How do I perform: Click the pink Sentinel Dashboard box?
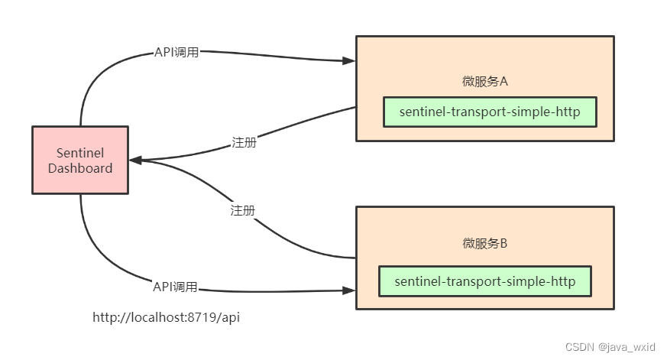(80, 160)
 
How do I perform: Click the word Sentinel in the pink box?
(80, 153)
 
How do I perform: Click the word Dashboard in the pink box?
(80, 168)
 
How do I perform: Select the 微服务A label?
(485, 81)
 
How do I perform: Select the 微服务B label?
(485, 244)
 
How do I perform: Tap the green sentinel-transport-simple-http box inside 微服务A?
(489, 112)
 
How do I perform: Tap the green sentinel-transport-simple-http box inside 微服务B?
(487, 281)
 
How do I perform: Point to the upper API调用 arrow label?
(176, 53)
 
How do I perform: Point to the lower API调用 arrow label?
(175, 287)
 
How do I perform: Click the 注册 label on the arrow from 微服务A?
(243, 143)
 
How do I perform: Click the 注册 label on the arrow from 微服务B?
(242, 210)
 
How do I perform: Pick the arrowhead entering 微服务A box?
(349, 60)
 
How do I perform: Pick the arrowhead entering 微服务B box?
(349, 291)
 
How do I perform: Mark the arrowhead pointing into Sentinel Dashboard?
(135, 161)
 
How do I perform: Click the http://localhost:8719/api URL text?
(167, 317)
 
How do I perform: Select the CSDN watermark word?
(579, 347)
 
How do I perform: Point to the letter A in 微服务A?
(503, 81)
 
